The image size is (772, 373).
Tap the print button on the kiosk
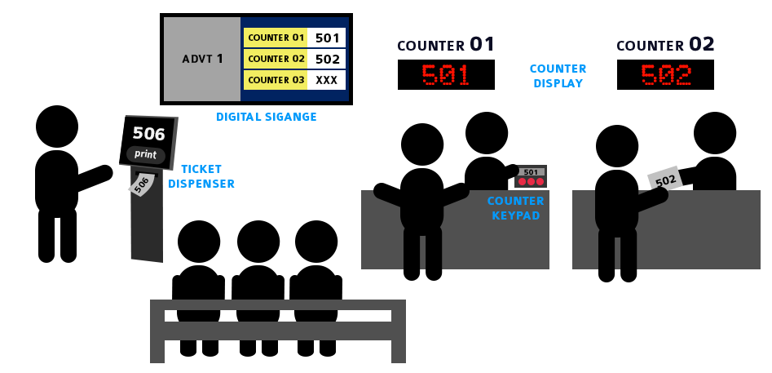(x=146, y=155)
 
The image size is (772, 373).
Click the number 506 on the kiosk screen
(x=148, y=134)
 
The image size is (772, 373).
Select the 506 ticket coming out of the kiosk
(x=141, y=184)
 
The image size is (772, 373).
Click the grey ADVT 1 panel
(x=202, y=59)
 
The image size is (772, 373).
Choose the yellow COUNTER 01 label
(x=276, y=38)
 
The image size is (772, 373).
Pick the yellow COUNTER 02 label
(x=276, y=59)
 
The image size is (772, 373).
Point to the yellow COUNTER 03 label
(x=276, y=80)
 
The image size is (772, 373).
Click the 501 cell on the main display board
(x=327, y=38)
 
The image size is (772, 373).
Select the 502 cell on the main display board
(x=327, y=59)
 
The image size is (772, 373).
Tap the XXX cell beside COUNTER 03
(x=327, y=80)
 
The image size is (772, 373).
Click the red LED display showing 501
(x=446, y=74)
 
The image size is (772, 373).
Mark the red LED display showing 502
(x=665, y=74)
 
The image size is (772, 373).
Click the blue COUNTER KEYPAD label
(x=515, y=208)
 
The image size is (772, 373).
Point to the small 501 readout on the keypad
(x=531, y=172)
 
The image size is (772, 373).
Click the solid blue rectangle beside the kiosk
(x=202, y=176)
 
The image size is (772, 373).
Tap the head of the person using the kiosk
(x=56, y=127)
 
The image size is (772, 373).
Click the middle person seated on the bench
(x=258, y=269)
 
